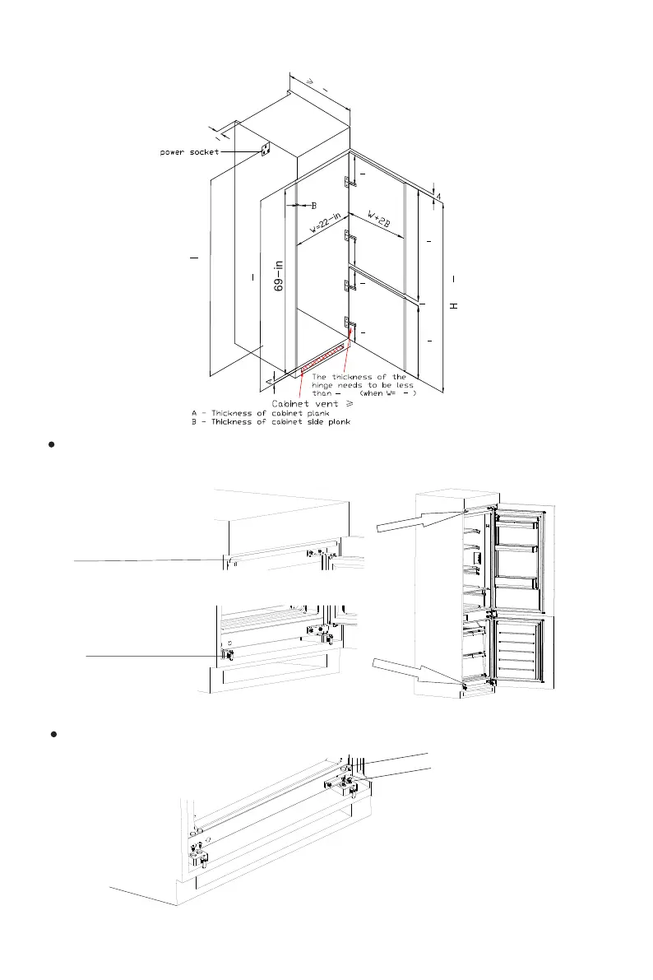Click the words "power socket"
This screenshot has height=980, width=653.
(188, 153)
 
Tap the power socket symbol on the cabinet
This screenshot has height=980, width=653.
(266, 149)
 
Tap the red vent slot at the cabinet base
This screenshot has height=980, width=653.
(324, 359)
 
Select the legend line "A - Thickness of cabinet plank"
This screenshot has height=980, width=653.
(252, 413)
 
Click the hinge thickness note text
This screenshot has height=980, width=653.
(362, 385)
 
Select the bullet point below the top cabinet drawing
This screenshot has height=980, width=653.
(51, 444)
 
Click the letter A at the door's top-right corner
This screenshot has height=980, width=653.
(439, 196)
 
